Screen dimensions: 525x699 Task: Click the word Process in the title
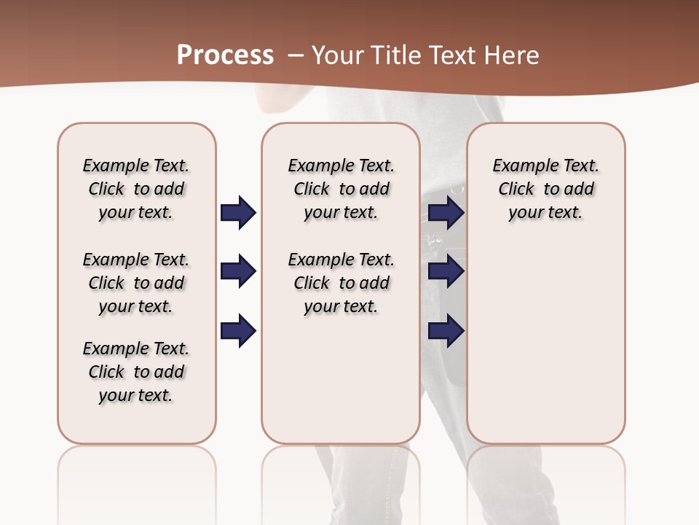225,55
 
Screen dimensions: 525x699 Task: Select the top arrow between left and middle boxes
238,213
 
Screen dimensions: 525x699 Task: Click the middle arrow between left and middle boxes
238,272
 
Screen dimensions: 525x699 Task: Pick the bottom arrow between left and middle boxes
238,331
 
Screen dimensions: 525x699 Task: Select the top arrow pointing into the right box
446,213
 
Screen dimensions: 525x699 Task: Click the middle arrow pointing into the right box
446,272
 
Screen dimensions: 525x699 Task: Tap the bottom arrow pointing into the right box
446,331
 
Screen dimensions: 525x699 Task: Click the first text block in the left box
136,189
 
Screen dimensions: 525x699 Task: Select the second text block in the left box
136,283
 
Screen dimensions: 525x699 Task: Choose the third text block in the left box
136,372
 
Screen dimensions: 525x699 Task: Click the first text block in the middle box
341,189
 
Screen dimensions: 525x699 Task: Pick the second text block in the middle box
341,283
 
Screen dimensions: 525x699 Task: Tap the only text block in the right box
545,189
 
